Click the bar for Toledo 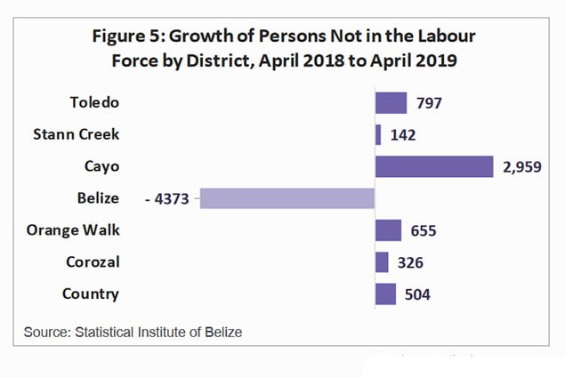pos(391,102)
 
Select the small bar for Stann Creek pos(378,134)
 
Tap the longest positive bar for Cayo pos(434,166)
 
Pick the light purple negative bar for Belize pos(287,197)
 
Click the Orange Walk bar pos(388,230)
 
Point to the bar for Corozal pos(382,262)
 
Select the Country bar pos(385,294)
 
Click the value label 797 pos(429,103)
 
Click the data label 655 pos(424,231)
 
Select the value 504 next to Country pos(417,295)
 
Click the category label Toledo pos(93,102)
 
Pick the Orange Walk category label pos(75,230)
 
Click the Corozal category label pos(93,262)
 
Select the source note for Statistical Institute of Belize pos(133,332)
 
